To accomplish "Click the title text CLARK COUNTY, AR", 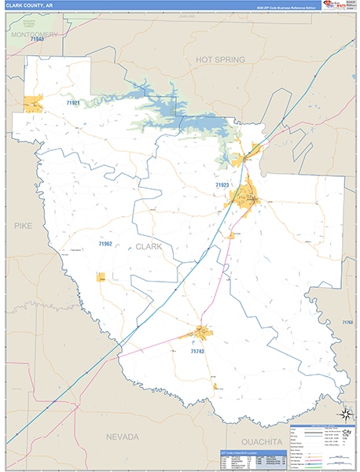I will (x=28, y=6).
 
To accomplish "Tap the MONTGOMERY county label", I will (x=34, y=35).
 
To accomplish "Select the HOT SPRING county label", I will (x=220, y=60).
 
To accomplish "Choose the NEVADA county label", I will (x=123, y=437).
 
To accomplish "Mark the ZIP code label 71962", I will (x=105, y=244).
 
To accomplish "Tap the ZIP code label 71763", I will (x=347, y=323).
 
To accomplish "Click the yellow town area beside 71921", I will (x=33, y=104).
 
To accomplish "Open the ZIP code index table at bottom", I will (x=249, y=461).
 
